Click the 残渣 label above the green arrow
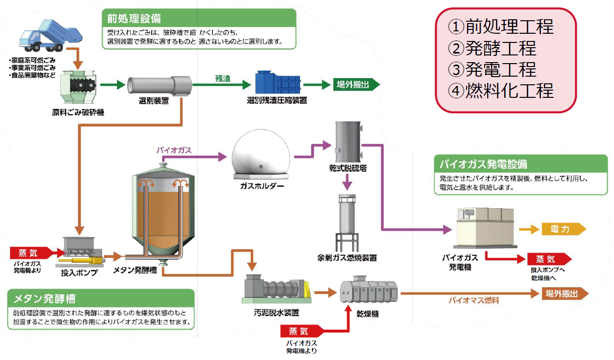point(223,78)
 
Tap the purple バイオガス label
point(174,150)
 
